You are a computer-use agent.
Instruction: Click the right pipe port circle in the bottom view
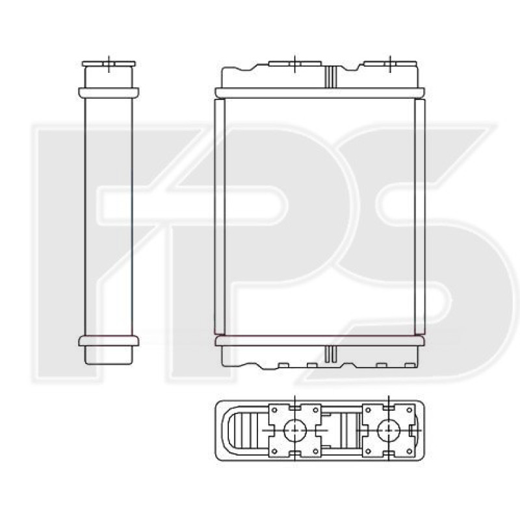389,430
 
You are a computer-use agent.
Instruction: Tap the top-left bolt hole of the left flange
274,410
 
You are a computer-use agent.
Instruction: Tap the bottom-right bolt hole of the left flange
316,451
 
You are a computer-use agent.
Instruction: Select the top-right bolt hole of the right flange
409,410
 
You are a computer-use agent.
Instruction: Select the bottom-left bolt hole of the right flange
368,451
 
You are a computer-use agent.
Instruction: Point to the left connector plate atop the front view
295,63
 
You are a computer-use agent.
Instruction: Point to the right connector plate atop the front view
390,63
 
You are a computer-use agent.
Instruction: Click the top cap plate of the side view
109,63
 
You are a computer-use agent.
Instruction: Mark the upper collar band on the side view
109,92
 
